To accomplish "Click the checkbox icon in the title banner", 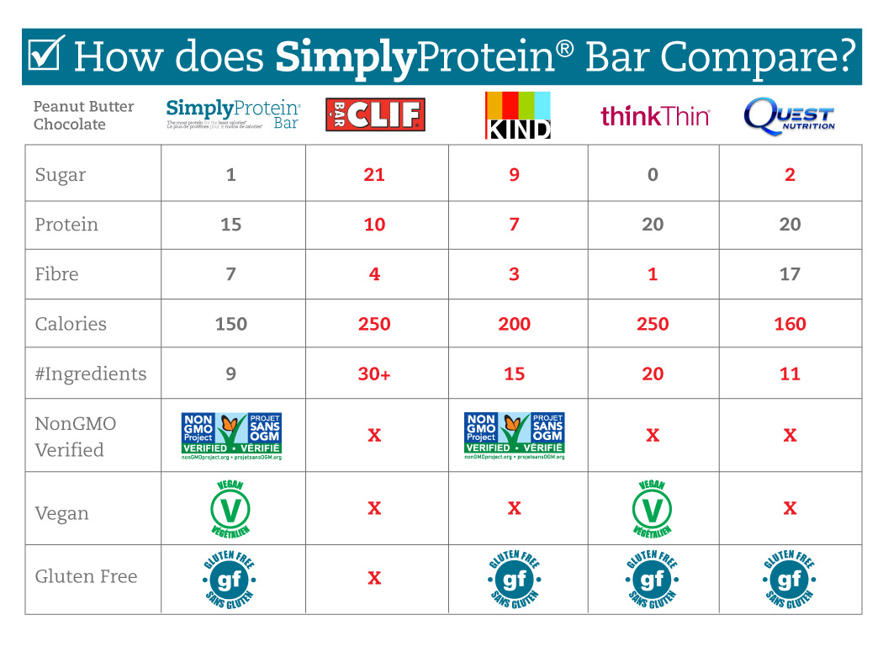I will [x=45, y=56].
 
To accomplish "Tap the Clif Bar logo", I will [x=375, y=114].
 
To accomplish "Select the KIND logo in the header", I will [x=517, y=114].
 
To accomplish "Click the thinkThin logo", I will [x=655, y=116].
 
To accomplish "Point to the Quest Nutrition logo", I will [x=789, y=116].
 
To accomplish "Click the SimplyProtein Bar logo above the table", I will [x=233, y=114].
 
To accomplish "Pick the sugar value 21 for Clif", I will [x=374, y=175].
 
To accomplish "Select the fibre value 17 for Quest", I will [x=790, y=274].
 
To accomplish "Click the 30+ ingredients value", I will [x=374, y=374].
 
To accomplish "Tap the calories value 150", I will [x=231, y=324].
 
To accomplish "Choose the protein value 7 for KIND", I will [x=514, y=225].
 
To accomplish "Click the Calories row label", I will [x=71, y=324].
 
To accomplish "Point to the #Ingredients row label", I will [x=91, y=374].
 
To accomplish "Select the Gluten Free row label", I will [x=86, y=576].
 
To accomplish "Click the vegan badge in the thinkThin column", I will [x=653, y=508].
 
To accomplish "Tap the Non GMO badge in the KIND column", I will [x=514, y=435].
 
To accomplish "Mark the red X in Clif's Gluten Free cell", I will [x=374, y=578].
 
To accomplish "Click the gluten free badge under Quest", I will [x=790, y=579].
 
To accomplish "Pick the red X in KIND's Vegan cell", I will [x=514, y=508].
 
